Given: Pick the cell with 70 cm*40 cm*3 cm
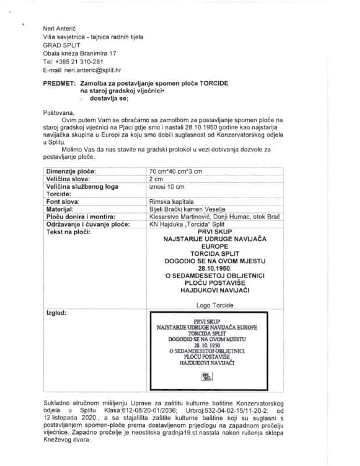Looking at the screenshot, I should coord(175,171).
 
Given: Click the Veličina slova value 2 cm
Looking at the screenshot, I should coord(157,179).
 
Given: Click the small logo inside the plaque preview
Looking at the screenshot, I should coord(207,376).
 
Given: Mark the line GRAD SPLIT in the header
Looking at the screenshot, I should coord(62,44).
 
